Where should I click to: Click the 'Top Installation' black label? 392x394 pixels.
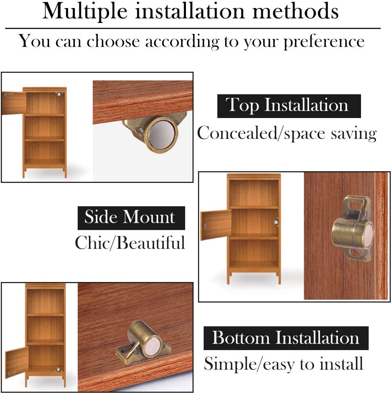point(289,106)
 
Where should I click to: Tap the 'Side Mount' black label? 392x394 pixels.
point(131,218)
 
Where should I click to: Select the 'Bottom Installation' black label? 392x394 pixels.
point(286,338)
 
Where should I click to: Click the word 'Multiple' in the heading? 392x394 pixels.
point(85,11)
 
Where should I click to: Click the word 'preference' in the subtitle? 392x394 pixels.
point(324,41)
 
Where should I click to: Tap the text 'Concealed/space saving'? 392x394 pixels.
point(287,133)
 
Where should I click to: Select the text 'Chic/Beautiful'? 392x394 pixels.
point(130,243)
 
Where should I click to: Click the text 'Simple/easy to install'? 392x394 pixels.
point(284,364)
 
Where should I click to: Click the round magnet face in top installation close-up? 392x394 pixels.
point(161,135)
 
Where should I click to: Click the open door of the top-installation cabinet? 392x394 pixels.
point(14,104)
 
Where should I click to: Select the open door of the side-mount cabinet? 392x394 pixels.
point(216,225)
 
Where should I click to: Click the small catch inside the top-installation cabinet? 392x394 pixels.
point(59,95)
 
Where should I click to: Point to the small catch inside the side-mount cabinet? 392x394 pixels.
point(276,222)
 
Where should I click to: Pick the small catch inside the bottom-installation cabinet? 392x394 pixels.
point(58,370)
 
